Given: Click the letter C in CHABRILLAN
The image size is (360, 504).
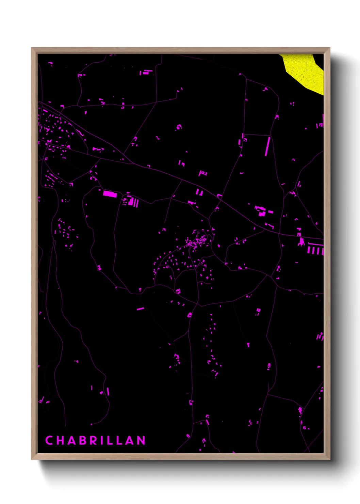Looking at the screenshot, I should tap(49, 440).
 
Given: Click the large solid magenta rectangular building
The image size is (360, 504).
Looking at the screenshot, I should tap(110, 194).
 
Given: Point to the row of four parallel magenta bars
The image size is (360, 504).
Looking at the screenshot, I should tap(315, 251).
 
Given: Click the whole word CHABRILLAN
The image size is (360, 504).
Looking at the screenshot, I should tap(95, 440).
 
